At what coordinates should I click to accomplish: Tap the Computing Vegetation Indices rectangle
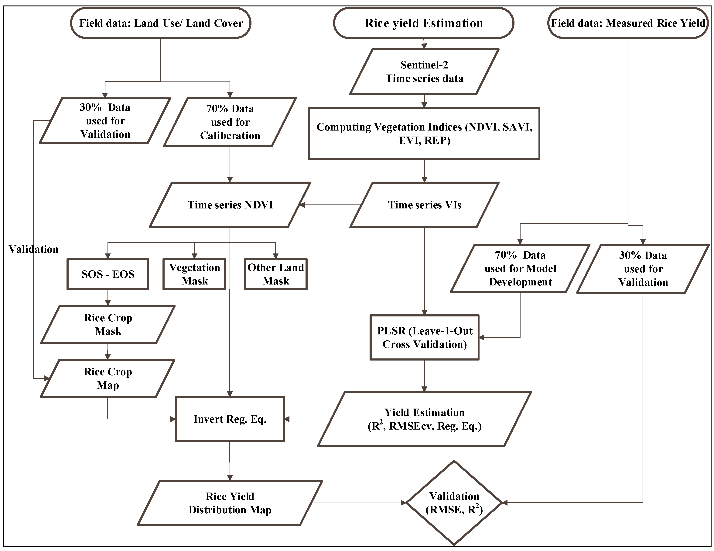click(424, 134)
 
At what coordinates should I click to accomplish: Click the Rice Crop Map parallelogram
click(108, 378)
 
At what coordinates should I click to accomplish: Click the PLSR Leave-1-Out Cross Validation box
click(424, 337)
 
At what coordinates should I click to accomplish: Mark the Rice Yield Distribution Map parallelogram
click(230, 503)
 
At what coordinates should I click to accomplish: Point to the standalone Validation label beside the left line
click(33, 249)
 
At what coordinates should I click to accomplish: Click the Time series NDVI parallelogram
click(230, 205)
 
